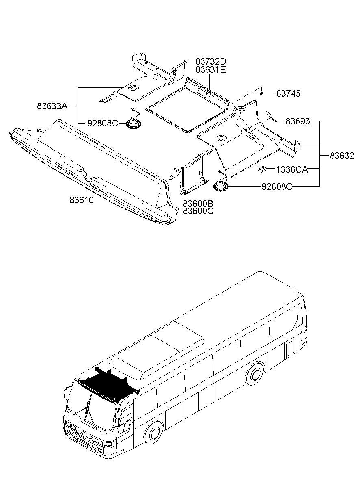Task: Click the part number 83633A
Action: tap(52, 106)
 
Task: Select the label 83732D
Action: tap(210, 61)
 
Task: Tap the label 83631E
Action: tap(210, 69)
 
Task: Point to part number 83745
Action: tap(288, 94)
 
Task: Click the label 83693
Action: tap(297, 121)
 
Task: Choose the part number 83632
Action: tap(342, 156)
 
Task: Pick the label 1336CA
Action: tap(292, 169)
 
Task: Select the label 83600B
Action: tap(198, 203)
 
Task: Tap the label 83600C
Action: tap(198, 211)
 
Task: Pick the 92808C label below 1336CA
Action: tap(276, 187)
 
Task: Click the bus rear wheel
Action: tap(254, 375)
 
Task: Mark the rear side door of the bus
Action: tap(291, 348)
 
